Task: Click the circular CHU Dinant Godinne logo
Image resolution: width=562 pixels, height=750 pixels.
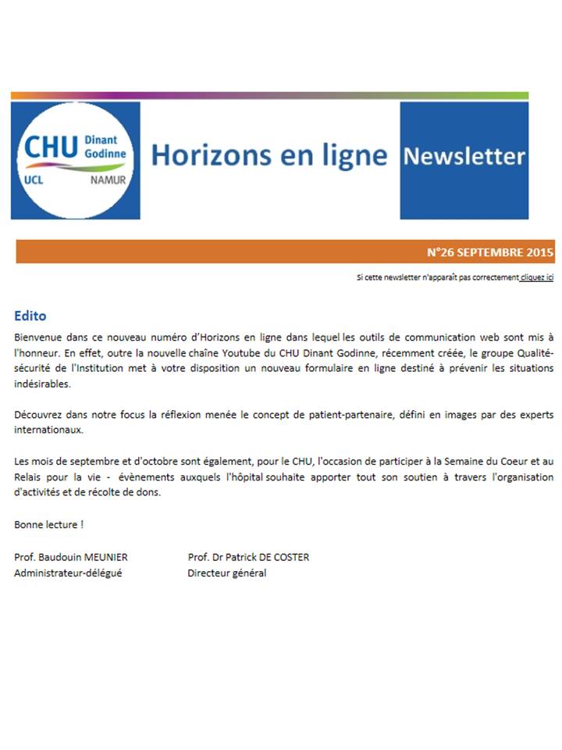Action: pyautogui.click(x=75, y=160)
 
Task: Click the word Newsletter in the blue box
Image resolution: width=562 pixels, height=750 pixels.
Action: pyautogui.click(x=464, y=157)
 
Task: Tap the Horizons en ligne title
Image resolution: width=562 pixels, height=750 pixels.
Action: pyautogui.click(x=269, y=155)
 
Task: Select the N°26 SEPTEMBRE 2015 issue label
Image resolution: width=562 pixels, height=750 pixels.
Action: pyautogui.click(x=490, y=252)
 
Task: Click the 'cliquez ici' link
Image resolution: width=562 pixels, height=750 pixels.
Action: pyautogui.click(x=537, y=277)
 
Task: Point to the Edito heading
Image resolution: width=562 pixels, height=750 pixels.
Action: pyautogui.click(x=30, y=316)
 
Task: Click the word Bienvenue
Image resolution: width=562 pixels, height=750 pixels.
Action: pyautogui.click(x=37, y=337)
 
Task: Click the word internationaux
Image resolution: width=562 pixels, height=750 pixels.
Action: pyautogui.click(x=46, y=430)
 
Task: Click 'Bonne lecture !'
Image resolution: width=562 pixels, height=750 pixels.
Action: pyautogui.click(x=48, y=524)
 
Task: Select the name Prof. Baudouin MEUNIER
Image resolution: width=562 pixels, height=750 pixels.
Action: pyautogui.click(x=71, y=557)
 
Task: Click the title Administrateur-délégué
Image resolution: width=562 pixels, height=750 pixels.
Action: pyautogui.click(x=68, y=573)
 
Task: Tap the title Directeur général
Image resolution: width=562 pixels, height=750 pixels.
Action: pyautogui.click(x=226, y=573)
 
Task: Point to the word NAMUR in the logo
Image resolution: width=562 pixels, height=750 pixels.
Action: pyautogui.click(x=108, y=179)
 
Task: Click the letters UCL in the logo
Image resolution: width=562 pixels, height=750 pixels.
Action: pyautogui.click(x=35, y=180)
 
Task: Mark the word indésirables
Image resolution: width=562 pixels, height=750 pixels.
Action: pyautogui.click(x=42, y=384)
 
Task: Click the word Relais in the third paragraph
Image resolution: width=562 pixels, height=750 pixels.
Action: pyautogui.click(x=29, y=477)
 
